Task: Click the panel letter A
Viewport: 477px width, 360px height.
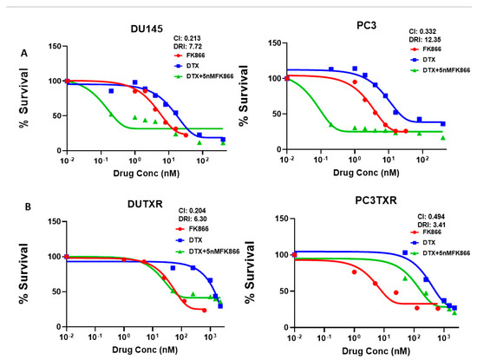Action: [x=23, y=52]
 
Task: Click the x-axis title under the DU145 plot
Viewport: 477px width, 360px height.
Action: [x=134, y=174]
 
